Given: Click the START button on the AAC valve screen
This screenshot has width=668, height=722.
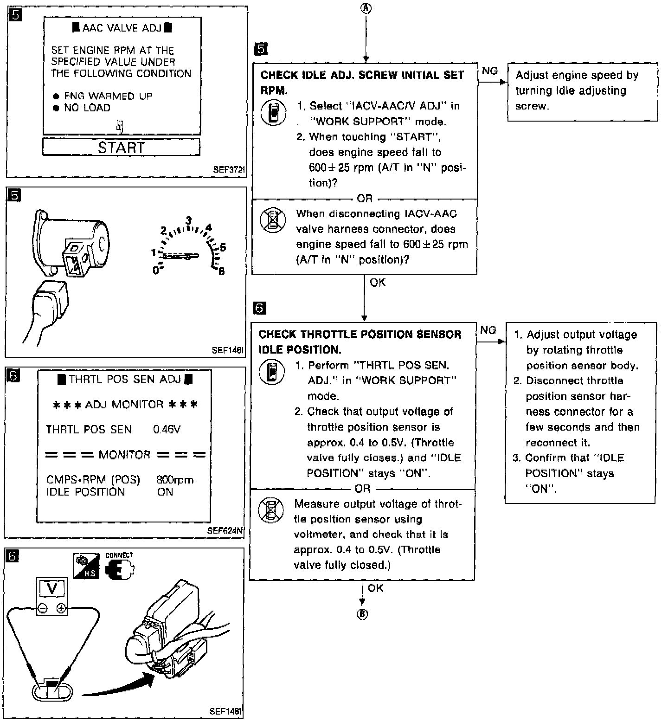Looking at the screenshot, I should [x=121, y=148].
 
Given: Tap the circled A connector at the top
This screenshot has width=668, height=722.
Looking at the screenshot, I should [x=366, y=9].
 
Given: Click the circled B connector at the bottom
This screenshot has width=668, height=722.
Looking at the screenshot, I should [x=362, y=614].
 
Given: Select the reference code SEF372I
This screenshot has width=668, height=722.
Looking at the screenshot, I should [x=228, y=170].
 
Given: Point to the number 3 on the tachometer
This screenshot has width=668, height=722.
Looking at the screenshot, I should [x=189, y=221].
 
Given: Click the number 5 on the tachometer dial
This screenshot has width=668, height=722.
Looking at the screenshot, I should [x=223, y=247].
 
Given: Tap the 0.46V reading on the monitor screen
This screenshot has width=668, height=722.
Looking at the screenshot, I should [x=167, y=430].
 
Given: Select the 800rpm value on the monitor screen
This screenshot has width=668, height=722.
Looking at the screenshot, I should [x=175, y=480].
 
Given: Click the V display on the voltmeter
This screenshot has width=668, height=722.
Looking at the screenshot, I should [x=52, y=589].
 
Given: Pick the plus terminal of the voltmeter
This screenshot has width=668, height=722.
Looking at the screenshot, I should [x=61, y=608].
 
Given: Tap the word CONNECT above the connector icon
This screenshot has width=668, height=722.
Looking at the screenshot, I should [x=119, y=555].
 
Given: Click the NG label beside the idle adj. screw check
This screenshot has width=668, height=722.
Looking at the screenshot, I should [x=490, y=71].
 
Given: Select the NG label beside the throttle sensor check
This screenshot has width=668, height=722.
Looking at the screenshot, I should [x=488, y=330].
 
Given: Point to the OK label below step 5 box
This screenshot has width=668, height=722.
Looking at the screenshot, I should [x=378, y=282].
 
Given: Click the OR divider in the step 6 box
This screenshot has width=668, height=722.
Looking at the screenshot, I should [x=362, y=489].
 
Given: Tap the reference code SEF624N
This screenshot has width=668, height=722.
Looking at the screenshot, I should [x=225, y=531].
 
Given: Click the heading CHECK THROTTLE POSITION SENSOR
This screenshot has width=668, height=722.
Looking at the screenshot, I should [x=360, y=335].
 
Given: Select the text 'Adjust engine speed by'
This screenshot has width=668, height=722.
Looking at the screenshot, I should [x=577, y=75].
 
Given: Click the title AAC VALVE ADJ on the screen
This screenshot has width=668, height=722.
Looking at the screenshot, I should [x=122, y=28].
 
